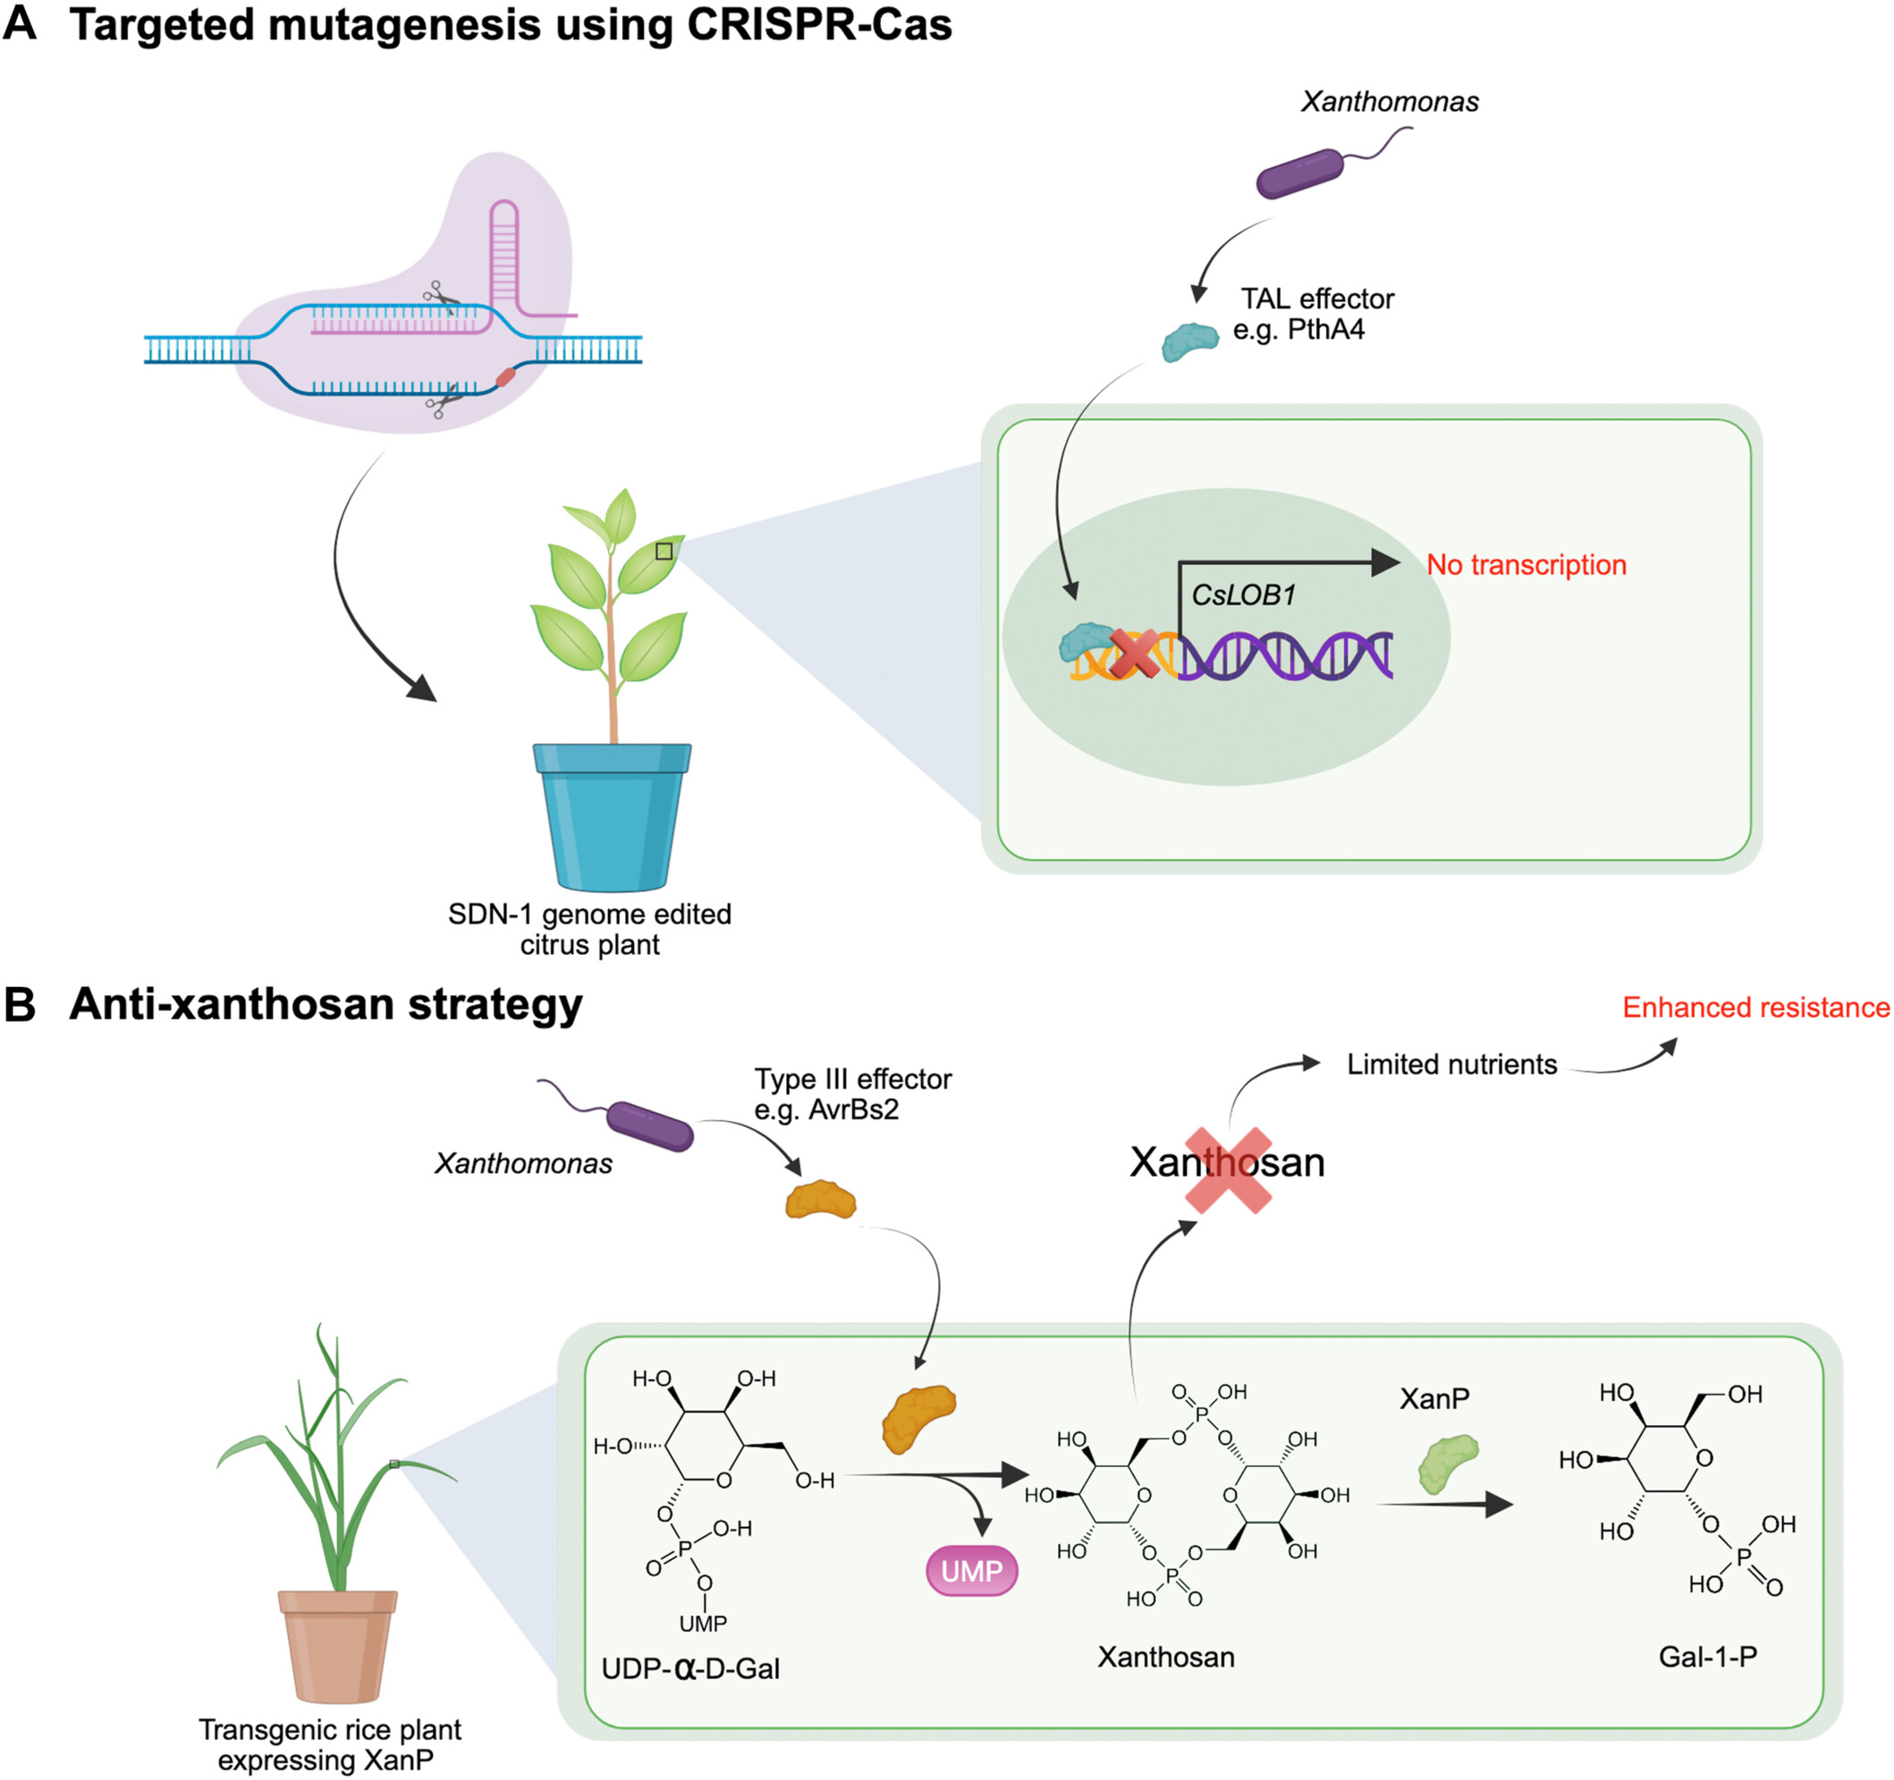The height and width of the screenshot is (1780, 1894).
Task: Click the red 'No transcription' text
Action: (1526, 565)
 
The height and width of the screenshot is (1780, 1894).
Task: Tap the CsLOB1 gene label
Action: (1243, 595)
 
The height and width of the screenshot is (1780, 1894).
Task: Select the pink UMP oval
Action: (972, 1571)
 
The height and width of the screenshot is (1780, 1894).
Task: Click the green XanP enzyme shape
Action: (1447, 1464)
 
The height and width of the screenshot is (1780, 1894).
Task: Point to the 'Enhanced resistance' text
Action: (1754, 1008)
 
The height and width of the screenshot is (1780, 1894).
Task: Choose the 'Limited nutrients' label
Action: (1451, 1065)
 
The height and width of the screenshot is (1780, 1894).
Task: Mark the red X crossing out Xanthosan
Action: (1228, 1170)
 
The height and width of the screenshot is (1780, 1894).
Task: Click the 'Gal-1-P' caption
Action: (1707, 1657)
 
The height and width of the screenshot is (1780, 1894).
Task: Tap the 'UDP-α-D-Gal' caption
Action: (690, 1668)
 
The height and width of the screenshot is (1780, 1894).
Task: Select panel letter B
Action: (20, 1006)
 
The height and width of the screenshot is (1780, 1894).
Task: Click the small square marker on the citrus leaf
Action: (664, 552)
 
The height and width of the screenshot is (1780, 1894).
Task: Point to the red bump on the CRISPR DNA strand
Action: (506, 377)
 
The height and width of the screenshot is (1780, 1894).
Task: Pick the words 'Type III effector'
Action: (853, 1079)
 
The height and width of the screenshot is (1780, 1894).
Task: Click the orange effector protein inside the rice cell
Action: (917, 1418)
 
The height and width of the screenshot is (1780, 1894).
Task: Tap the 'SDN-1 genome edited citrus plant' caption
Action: (589, 930)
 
